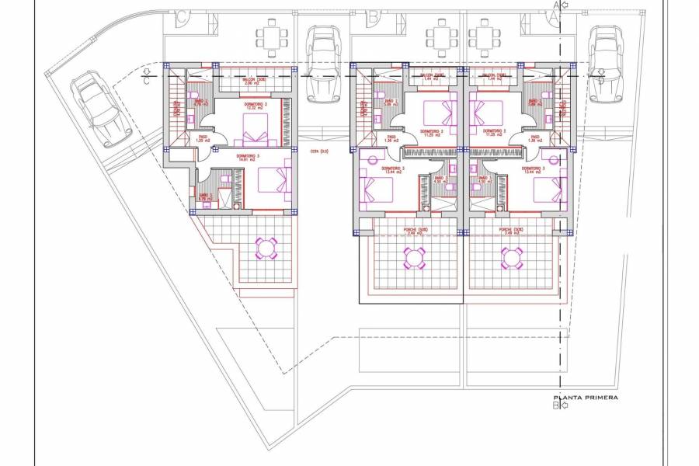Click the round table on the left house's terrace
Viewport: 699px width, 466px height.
(x=266, y=248)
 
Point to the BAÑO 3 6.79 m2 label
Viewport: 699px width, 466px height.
(x=205, y=196)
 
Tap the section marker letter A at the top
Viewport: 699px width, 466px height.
(x=555, y=6)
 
